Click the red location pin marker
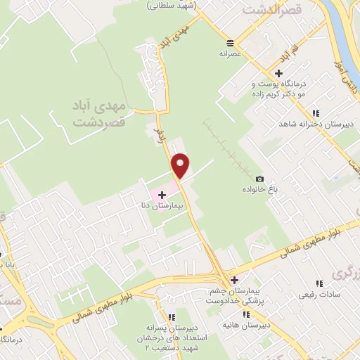[x=181, y=165]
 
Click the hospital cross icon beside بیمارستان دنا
[x=162, y=194]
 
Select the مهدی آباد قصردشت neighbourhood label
[x=98, y=112]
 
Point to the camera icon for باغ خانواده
[x=259, y=179]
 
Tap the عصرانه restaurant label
[x=230, y=53]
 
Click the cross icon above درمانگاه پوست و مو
[x=279, y=73]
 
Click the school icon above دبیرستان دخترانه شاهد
[x=316, y=112]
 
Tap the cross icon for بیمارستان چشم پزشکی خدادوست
[x=234, y=280]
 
